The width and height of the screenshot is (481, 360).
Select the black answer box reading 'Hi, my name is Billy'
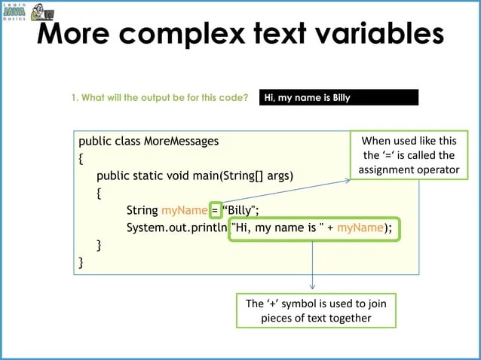(339, 97)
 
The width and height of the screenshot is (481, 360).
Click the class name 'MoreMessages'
(184, 141)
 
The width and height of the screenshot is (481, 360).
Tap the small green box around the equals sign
(216, 210)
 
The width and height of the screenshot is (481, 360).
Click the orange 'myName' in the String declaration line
(184, 210)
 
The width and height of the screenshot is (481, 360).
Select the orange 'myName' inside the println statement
(360, 227)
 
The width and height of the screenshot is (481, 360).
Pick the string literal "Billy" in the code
(240, 210)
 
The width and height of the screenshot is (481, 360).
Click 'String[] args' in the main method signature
(256, 175)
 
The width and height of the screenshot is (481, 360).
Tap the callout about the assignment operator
(409, 155)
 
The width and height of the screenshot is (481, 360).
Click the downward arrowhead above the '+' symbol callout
(312, 287)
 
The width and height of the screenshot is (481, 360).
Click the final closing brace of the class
(81, 262)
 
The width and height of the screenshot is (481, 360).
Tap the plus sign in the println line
(330, 227)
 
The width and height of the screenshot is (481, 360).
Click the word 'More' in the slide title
(78, 34)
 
